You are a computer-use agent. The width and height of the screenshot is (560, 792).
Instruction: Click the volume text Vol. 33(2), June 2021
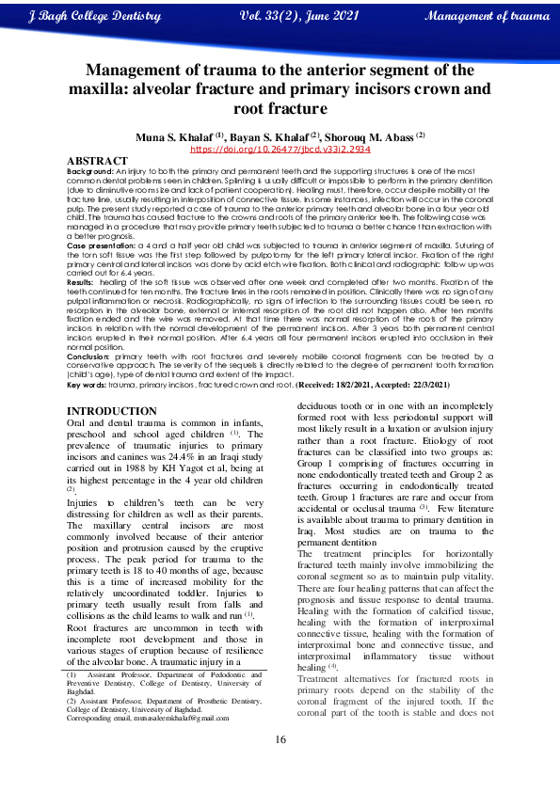300,17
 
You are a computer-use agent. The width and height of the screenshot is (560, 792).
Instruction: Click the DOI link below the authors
280,149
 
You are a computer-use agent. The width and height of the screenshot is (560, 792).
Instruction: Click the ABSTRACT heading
98,162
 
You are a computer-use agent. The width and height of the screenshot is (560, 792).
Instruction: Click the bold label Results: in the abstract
81,309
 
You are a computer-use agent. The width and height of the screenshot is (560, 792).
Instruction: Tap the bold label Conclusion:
89,357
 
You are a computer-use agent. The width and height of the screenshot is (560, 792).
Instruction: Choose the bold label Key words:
87,385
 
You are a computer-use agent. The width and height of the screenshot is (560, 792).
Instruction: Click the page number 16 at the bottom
280,765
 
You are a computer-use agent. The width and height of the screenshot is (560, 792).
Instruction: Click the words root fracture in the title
280,108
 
